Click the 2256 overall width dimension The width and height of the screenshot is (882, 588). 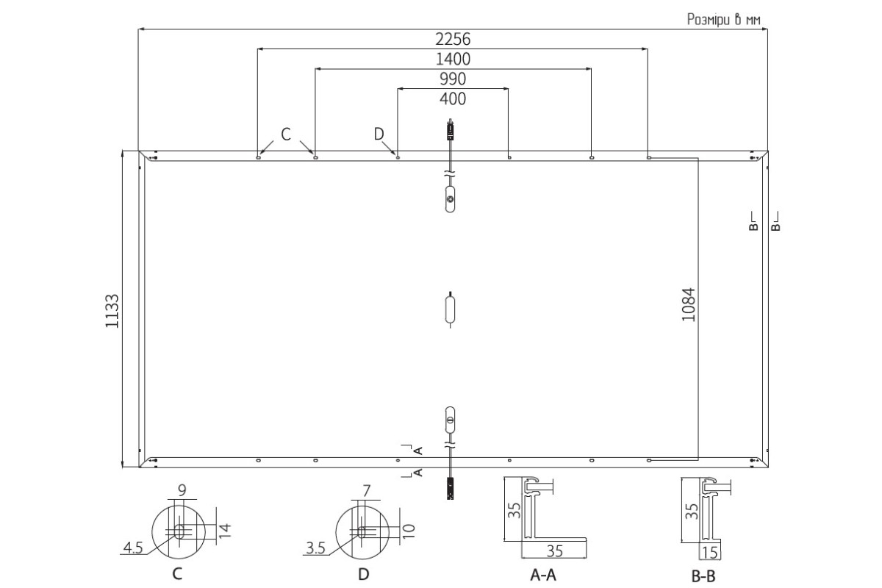point(453,39)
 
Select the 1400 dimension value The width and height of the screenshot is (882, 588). point(453,59)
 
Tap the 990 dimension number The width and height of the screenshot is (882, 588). point(453,79)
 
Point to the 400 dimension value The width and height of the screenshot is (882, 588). point(453,98)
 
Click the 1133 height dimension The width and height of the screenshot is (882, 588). point(112,311)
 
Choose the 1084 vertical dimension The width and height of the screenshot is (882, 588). point(689,305)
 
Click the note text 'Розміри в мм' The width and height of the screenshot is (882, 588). point(724,19)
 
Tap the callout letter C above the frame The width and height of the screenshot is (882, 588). point(286,135)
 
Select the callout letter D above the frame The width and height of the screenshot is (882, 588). point(379,135)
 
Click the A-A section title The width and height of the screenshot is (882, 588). point(543,575)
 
